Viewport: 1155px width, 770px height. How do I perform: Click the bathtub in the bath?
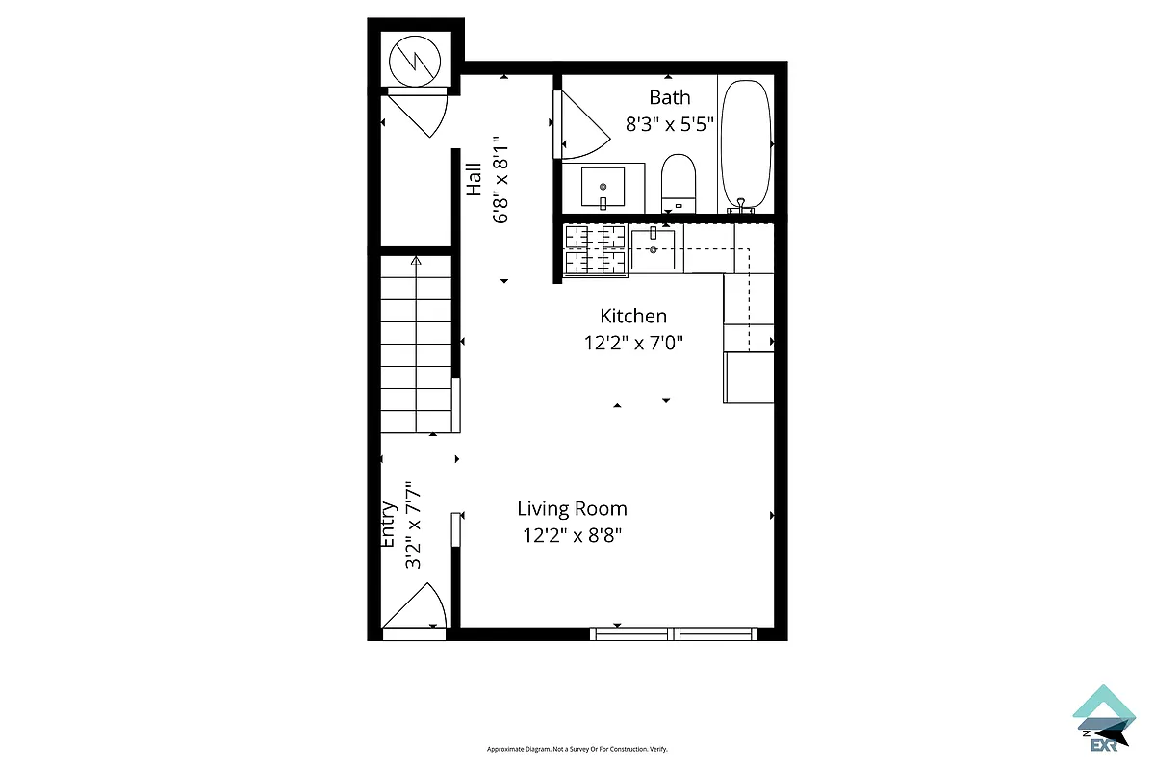[x=746, y=144]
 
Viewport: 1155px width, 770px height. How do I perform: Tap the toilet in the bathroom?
[x=679, y=181]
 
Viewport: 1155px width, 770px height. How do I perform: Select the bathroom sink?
[x=603, y=187]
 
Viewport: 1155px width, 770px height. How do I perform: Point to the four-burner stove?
[x=595, y=249]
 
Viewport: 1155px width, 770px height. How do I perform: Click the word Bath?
[x=669, y=97]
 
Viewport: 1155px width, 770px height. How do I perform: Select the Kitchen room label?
[x=633, y=316]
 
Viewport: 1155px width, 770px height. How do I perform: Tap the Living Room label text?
[x=572, y=509]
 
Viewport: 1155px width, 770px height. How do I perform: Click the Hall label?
[x=475, y=180]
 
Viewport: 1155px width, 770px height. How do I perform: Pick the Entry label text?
[x=389, y=524]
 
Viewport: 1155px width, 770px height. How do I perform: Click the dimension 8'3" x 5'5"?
[x=669, y=124]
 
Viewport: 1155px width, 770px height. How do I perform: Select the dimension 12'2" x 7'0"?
[x=633, y=343]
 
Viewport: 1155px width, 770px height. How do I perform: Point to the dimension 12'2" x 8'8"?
[x=572, y=536]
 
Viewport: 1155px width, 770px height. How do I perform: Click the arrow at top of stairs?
[x=416, y=260]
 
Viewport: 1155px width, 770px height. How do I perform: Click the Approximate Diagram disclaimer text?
[x=577, y=749]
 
